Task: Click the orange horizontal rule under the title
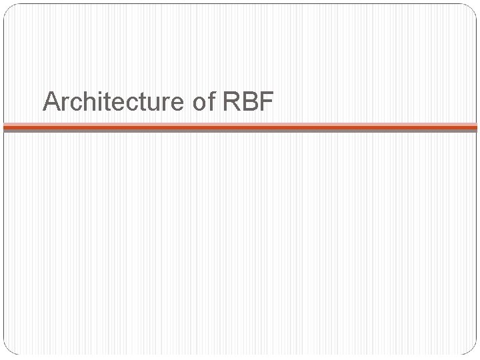(x=240, y=125)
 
